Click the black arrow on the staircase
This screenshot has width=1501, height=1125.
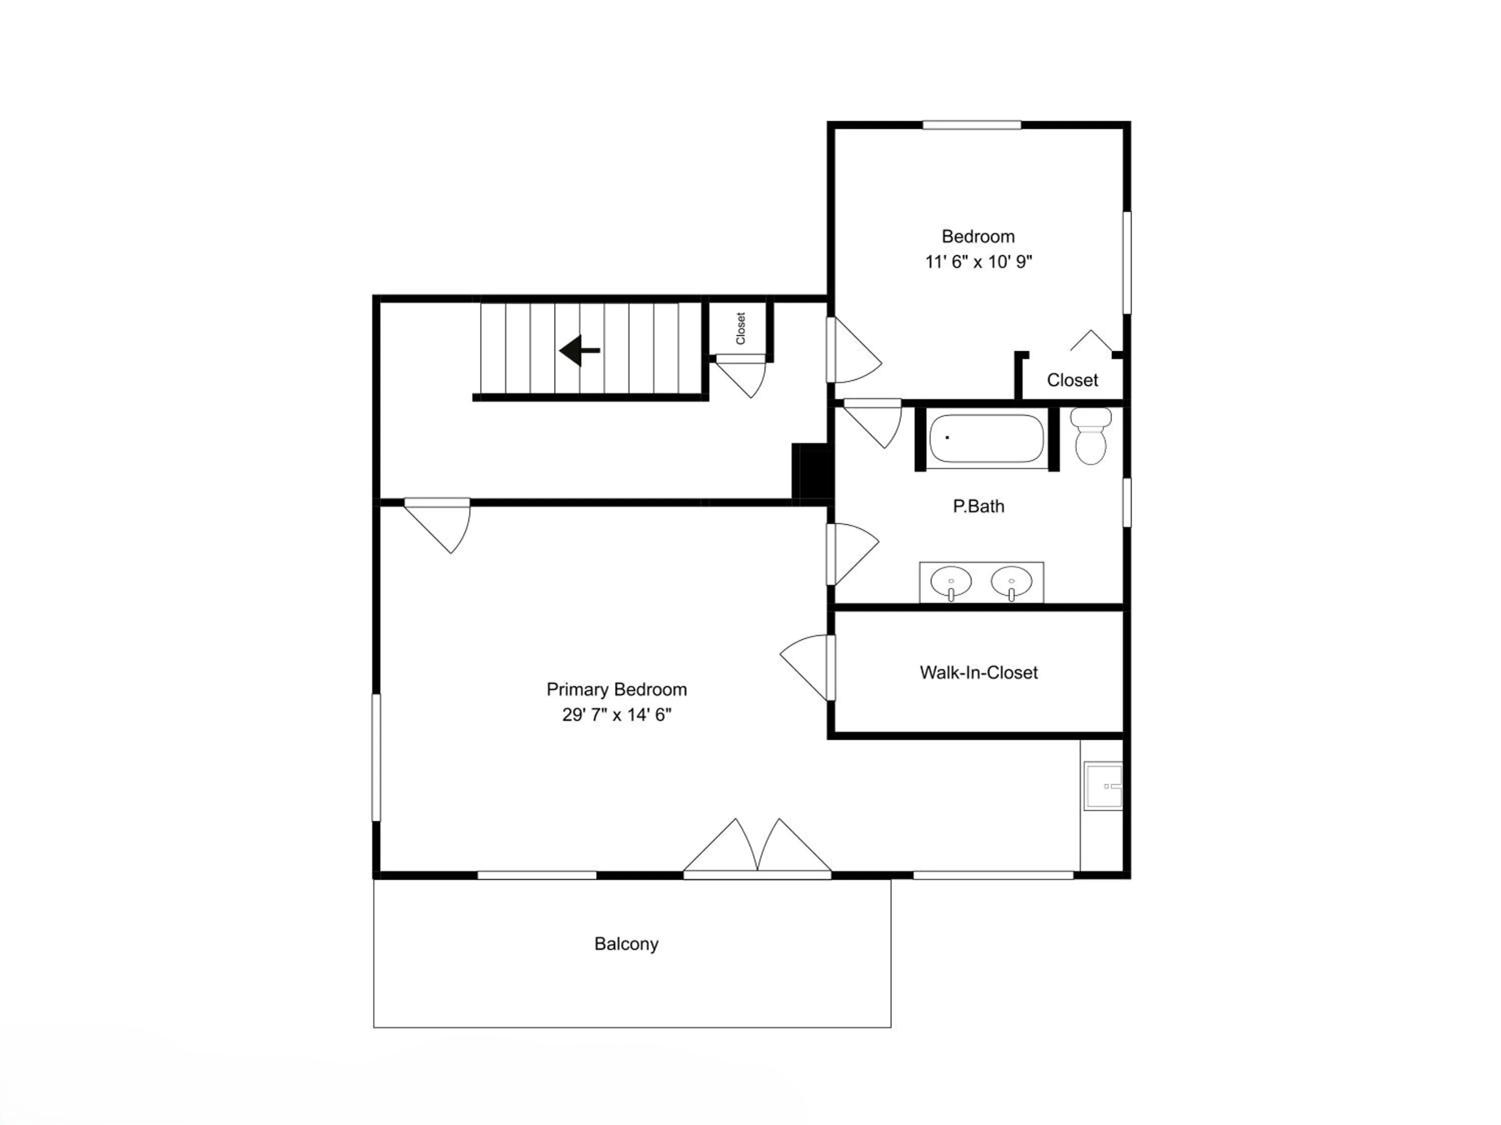point(579,350)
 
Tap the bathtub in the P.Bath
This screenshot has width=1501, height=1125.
point(986,438)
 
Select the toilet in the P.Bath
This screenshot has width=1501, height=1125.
point(1090,435)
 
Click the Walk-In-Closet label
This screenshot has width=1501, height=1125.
point(979,672)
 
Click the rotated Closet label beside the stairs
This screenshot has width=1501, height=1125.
point(741,328)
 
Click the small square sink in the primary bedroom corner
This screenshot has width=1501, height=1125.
point(1103,786)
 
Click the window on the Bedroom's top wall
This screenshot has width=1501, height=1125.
point(972,125)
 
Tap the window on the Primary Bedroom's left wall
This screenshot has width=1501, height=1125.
point(376,757)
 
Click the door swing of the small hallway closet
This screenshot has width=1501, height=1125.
point(741,376)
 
